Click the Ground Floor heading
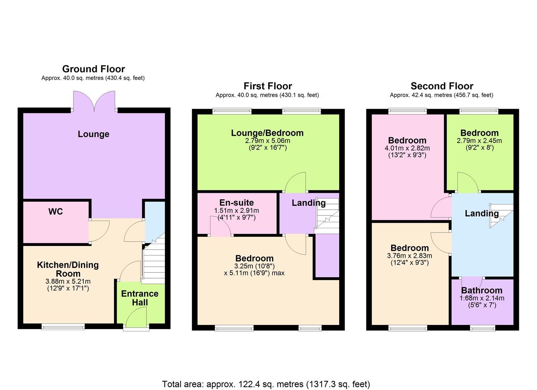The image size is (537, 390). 93,69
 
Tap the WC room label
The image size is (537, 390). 56,212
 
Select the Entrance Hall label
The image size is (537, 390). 140,298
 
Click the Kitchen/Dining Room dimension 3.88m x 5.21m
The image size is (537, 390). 68,281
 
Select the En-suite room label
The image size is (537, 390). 236,203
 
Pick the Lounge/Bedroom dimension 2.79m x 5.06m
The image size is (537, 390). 268,140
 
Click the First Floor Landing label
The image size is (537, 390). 308,203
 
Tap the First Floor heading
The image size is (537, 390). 268,86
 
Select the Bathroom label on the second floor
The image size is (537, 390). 482,290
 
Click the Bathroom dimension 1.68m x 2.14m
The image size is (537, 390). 482,298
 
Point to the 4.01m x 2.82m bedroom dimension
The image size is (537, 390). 407,148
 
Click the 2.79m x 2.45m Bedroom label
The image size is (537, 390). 480,133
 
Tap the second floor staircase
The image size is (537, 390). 501,216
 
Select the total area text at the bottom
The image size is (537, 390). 266,384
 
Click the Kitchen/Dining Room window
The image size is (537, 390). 63,327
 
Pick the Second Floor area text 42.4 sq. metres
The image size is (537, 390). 442,95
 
